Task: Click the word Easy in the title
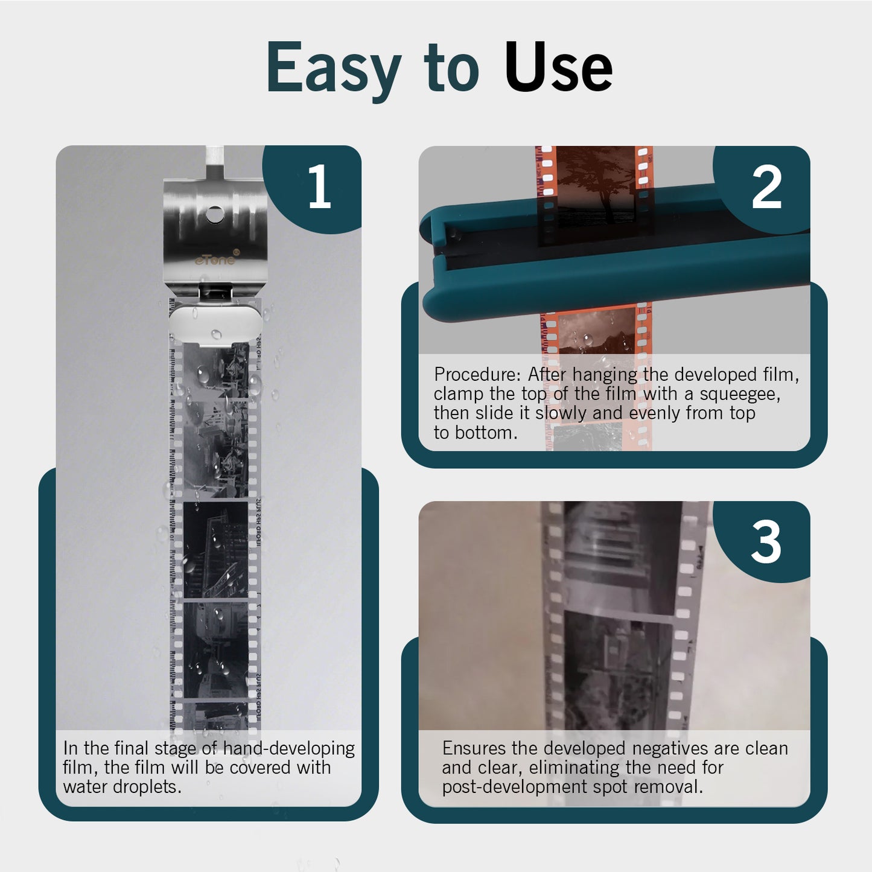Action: (333, 68)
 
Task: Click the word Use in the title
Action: (558, 68)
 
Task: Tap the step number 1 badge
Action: (319, 188)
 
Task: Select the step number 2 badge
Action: (766, 188)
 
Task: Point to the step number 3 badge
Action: (766, 541)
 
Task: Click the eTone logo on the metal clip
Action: (215, 259)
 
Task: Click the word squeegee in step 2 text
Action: (739, 393)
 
